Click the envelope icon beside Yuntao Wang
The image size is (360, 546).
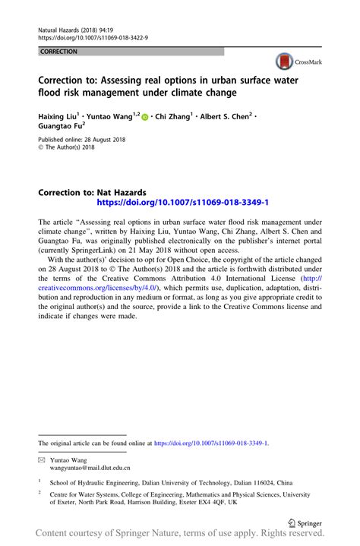pyautogui.click(x=42, y=460)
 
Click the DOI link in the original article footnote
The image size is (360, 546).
pyautogui.click(x=211, y=442)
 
